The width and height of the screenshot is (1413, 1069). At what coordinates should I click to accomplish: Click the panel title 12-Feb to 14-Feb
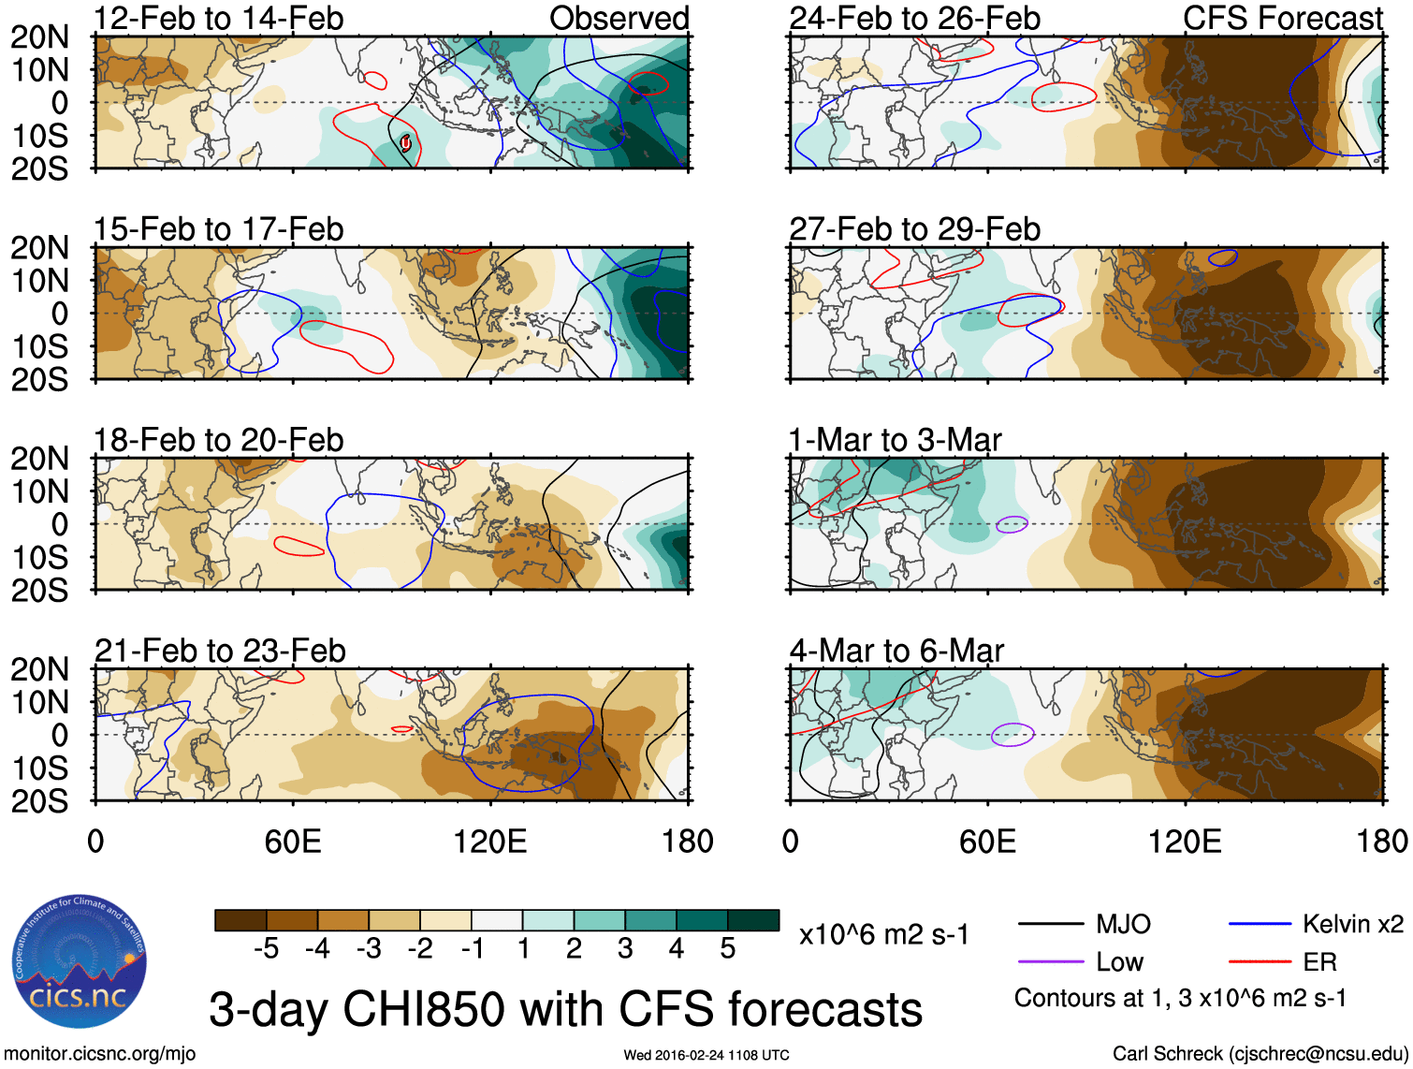219,18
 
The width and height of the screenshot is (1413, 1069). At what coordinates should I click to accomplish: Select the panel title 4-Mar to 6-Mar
896,650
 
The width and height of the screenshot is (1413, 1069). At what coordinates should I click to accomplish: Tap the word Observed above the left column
619,18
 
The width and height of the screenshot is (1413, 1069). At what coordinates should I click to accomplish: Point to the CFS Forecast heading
1283,18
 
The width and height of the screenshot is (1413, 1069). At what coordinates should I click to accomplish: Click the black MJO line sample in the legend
1050,924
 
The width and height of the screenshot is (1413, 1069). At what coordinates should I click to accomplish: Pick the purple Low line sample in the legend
1050,961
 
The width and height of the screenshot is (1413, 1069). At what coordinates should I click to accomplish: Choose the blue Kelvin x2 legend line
1260,924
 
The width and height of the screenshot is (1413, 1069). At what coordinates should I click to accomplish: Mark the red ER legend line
1260,961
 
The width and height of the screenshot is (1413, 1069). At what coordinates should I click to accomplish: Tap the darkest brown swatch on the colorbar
240,920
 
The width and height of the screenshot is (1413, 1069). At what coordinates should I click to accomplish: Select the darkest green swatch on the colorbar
753,920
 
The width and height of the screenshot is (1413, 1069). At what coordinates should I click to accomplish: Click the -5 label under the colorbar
266,949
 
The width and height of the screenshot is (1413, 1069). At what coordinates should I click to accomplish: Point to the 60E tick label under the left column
293,841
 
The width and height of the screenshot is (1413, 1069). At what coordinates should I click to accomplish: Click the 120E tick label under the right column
1185,841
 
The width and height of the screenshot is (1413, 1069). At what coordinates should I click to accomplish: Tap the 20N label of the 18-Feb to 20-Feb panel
39,459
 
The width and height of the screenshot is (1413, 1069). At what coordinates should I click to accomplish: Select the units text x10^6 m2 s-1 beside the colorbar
884,934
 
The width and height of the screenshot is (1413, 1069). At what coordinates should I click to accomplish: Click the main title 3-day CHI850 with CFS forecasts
565,1009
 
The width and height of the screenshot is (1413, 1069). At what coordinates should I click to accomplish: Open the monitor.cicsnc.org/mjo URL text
100,1054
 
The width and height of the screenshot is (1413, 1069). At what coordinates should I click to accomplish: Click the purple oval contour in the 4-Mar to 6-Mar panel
1012,734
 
